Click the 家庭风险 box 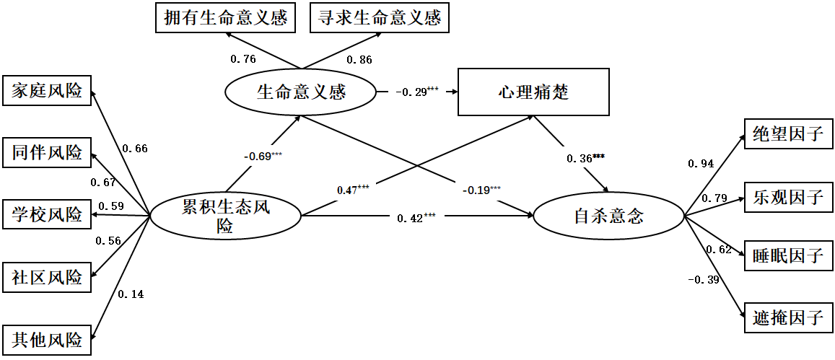pyautogui.click(x=47, y=91)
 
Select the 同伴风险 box pyautogui.click(x=47, y=153)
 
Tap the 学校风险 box pyautogui.click(x=47, y=214)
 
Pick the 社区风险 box pyautogui.click(x=47, y=276)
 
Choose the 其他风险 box pyautogui.click(x=47, y=338)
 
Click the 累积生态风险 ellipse pyautogui.click(x=224, y=216)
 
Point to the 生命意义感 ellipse pyautogui.click(x=301, y=92)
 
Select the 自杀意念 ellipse pyautogui.click(x=608, y=216)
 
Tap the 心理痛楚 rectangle pyautogui.click(x=533, y=92)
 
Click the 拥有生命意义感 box pyautogui.click(x=226, y=18)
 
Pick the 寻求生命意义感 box pyautogui.click(x=380, y=18)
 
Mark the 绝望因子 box pyautogui.click(x=788, y=134)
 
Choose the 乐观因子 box pyautogui.click(x=788, y=196)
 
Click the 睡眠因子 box pyautogui.click(x=788, y=256)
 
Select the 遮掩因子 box pyautogui.click(x=788, y=317)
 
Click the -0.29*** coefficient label pyautogui.click(x=416, y=92)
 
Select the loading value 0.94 pyautogui.click(x=701, y=164)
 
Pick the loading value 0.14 pyautogui.click(x=131, y=294)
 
